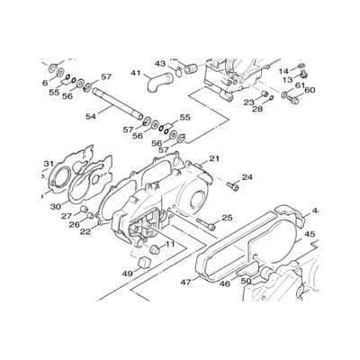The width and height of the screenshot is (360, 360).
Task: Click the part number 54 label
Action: tap(91, 116)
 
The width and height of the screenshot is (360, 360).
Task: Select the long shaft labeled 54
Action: tap(117, 103)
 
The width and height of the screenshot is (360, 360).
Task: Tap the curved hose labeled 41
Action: tap(160, 82)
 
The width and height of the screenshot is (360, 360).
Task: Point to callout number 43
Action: tap(160, 64)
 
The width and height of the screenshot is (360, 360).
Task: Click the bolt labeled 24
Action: tap(233, 186)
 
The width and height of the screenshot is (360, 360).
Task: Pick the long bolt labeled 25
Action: tap(206, 224)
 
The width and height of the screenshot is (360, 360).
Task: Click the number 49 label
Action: tap(128, 274)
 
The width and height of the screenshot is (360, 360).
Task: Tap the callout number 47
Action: tap(186, 282)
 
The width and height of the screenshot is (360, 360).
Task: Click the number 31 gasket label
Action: tap(49, 164)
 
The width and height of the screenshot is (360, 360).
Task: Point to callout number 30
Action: tap(56, 206)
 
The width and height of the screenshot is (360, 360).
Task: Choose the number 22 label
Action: tap(85, 231)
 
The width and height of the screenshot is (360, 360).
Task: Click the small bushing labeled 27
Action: tap(84, 209)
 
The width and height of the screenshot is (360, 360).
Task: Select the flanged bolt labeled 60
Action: tap(293, 100)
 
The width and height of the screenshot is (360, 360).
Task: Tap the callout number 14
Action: tap(283, 71)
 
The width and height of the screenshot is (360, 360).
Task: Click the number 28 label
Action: tap(257, 109)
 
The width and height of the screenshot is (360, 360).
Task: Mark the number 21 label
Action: tap(214, 158)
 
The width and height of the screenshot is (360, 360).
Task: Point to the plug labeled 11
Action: tap(155, 249)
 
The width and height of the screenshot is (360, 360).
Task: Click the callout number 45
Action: tap(310, 234)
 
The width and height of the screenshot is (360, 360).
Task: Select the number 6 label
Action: tap(45, 83)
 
